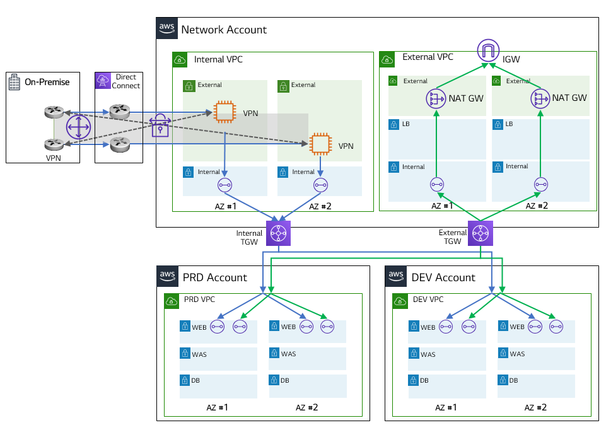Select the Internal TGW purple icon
[x=278, y=233]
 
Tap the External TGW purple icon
[x=481, y=233]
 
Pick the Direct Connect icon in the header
[x=103, y=80]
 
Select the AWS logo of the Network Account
[x=166, y=28]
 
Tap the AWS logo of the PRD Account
[x=167, y=276]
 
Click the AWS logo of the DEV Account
[x=395, y=276]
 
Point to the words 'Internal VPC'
[x=218, y=60]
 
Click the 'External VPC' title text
[x=428, y=57]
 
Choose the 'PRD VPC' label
[x=200, y=299]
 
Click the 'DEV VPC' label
[x=428, y=299]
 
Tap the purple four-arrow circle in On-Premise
[x=79, y=125]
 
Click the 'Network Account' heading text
[x=224, y=30]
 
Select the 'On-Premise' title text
[x=47, y=82]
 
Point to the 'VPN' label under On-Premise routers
[x=53, y=158]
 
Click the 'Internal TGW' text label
[x=249, y=238]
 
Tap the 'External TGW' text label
[x=453, y=237]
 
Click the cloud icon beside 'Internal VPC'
[x=180, y=60]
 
